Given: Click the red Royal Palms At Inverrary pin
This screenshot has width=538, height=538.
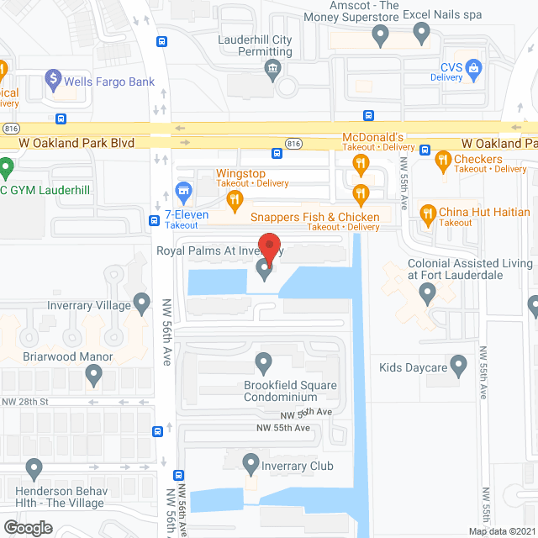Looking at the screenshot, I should (268, 247).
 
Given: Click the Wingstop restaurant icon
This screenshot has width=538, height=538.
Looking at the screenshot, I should (235, 199).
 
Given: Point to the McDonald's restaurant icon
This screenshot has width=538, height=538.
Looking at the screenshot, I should (361, 163).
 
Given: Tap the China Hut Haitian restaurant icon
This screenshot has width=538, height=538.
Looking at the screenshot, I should (428, 214).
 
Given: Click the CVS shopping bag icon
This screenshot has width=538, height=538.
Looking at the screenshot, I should (473, 66).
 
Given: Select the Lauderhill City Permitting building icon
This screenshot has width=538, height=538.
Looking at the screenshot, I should (272, 70).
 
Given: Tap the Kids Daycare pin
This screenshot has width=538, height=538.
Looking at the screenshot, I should (458, 365).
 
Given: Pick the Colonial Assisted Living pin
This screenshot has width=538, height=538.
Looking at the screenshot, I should (428, 293).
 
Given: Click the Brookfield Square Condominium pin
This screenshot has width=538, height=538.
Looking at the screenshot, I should (264, 363).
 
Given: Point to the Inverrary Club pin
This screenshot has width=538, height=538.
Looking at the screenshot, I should (251, 462).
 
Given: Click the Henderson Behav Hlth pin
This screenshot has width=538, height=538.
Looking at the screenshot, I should (34, 467).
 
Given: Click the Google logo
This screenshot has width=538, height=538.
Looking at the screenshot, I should (27, 527).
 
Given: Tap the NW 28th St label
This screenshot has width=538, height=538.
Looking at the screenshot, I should (24, 402).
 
